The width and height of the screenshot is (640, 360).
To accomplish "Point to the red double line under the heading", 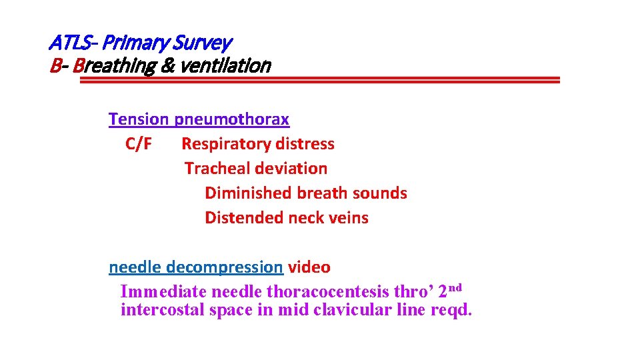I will [x=320, y=80].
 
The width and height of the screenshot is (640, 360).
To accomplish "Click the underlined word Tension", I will [x=139, y=119].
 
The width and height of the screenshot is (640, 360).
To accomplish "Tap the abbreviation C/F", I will [x=138, y=144].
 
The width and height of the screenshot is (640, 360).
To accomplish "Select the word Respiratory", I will [x=222, y=144].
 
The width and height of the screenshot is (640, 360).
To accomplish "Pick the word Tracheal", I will [x=214, y=169].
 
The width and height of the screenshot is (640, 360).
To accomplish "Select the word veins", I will [x=347, y=218].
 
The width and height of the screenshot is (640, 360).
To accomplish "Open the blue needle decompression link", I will [x=195, y=267].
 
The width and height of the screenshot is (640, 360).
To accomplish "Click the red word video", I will [x=309, y=267].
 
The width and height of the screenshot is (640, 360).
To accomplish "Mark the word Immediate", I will [x=163, y=291].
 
